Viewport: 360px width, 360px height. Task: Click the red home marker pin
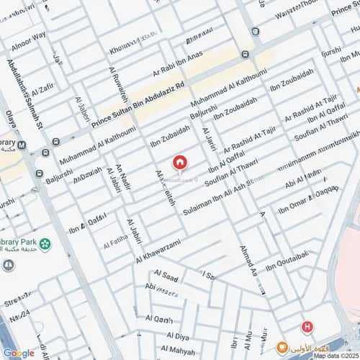point(179,162)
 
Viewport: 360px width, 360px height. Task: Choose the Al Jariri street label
point(210,139)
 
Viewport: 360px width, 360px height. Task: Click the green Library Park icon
point(46,243)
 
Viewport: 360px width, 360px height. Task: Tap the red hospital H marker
point(307,327)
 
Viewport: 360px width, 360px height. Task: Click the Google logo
point(18,352)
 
